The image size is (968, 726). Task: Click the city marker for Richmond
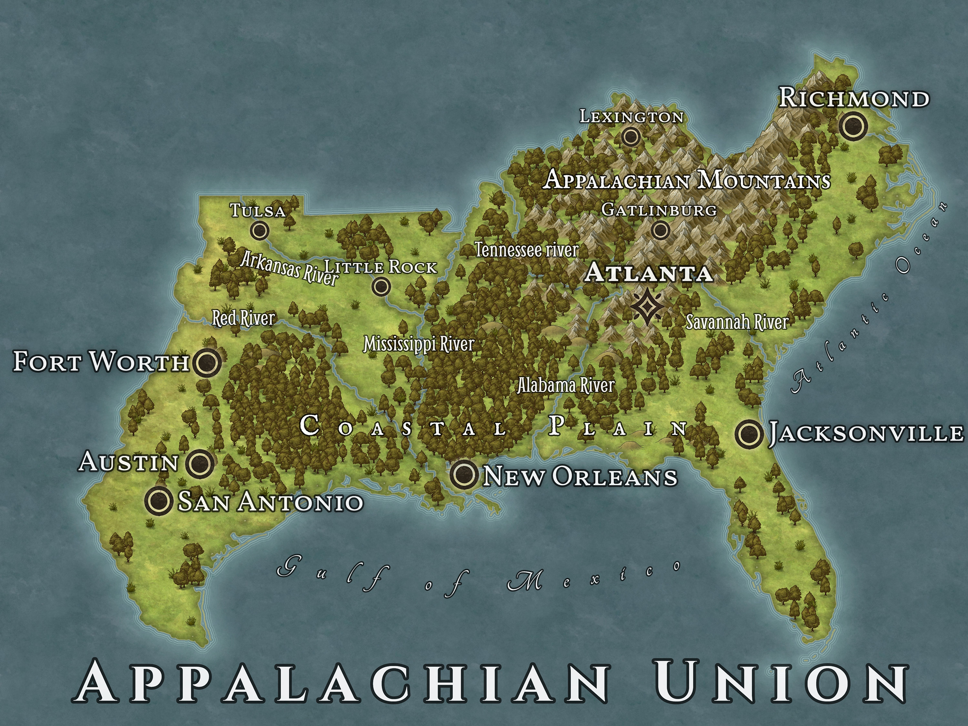click(853, 126)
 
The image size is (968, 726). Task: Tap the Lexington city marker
click(630, 137)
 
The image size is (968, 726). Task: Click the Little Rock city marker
click(381, 287)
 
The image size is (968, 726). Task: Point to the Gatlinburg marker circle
click(660, 230)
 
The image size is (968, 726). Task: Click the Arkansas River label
click(289, 268)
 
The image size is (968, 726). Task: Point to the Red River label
click(243, 318)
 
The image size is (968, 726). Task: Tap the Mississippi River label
click(419, 344)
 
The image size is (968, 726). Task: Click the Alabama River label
click(566, 386)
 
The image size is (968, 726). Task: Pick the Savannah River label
click(737, 323)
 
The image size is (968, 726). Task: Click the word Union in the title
click(781, 683)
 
